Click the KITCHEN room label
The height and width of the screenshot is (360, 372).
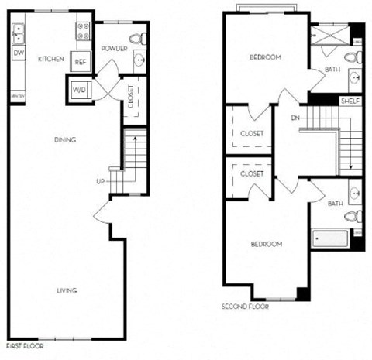point(50,59)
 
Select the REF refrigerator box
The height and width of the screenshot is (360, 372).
point(81,63)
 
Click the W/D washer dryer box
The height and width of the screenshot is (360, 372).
point(80,90)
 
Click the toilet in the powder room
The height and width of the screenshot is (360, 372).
point(139,37)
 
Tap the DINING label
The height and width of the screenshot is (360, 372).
point(64,139)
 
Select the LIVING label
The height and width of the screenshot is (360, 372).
point(67,290)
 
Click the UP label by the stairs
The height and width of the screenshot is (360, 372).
point(100,182)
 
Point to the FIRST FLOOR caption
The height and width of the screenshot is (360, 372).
point(26,346)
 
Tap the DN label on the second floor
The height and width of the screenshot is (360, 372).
point(294,118)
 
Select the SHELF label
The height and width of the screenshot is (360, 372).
point(351,101)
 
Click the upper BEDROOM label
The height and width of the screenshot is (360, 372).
point(265,57)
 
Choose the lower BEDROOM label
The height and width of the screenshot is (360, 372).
point(266,244)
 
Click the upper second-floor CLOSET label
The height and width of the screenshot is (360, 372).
point(252,133)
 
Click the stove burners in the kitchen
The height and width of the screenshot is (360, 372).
point(83,31)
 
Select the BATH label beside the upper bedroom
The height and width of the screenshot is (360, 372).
point(332,70)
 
